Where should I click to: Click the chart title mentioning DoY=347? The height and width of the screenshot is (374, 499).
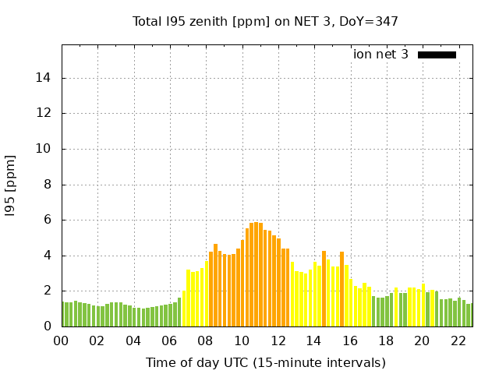[265, 21]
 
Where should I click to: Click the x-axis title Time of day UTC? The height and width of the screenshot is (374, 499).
[265, 362]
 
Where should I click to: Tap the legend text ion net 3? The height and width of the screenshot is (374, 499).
[380, 55]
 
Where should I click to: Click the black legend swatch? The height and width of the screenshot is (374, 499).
[437, 55]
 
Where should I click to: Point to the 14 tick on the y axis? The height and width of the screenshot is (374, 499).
[44, 78]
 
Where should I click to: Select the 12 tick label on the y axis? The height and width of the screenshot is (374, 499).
[44, 114]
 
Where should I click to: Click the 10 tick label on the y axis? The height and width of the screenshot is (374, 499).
[44, 149]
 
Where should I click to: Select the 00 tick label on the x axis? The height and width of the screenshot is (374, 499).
[62, 341]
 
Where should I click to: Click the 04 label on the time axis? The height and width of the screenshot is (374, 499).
[133, 341]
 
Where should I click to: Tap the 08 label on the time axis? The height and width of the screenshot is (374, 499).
[206, 341]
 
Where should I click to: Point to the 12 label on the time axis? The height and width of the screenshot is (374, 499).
[278, 341]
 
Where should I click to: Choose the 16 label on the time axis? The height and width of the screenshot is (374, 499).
[350, 341]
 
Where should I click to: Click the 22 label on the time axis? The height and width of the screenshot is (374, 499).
[458, 341]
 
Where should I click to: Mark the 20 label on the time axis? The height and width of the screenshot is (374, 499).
[422, 341]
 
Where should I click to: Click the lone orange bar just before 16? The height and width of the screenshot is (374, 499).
[342, 289]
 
